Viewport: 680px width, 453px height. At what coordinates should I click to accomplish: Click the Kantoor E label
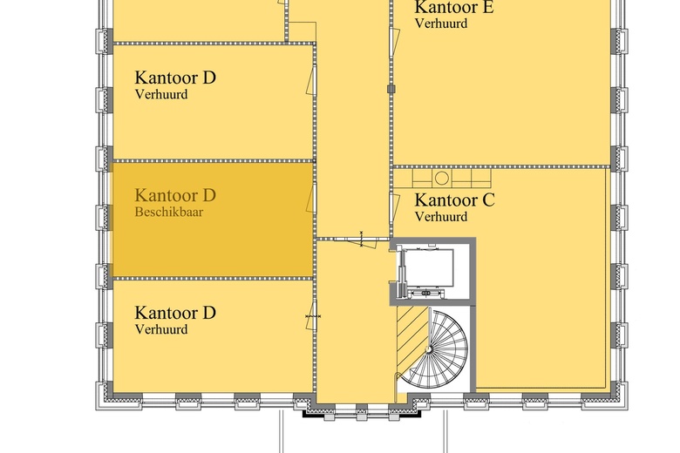click(454, 8)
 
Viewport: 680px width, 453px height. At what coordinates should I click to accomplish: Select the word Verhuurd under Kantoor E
click(440, 24)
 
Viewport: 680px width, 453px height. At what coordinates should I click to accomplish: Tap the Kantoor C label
click(454, 201)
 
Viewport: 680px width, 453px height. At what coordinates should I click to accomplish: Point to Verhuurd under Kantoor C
click(440, 217)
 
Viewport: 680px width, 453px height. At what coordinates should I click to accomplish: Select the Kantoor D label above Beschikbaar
click(175, 195)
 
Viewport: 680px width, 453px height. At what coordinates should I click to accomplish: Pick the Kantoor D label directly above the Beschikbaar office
click(175, 78)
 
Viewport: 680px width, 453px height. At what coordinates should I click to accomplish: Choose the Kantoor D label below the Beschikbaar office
click(175, 313)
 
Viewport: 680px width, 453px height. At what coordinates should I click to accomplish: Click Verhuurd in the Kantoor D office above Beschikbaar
click(161, 94)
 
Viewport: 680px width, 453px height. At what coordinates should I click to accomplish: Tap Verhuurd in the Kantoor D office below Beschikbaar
click(161, 329)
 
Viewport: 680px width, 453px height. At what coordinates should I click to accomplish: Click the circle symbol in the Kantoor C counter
click(442, 178)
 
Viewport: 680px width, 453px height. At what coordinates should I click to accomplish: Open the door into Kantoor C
click(389, 209)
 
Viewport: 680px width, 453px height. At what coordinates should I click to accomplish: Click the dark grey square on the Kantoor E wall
click(390, 88)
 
